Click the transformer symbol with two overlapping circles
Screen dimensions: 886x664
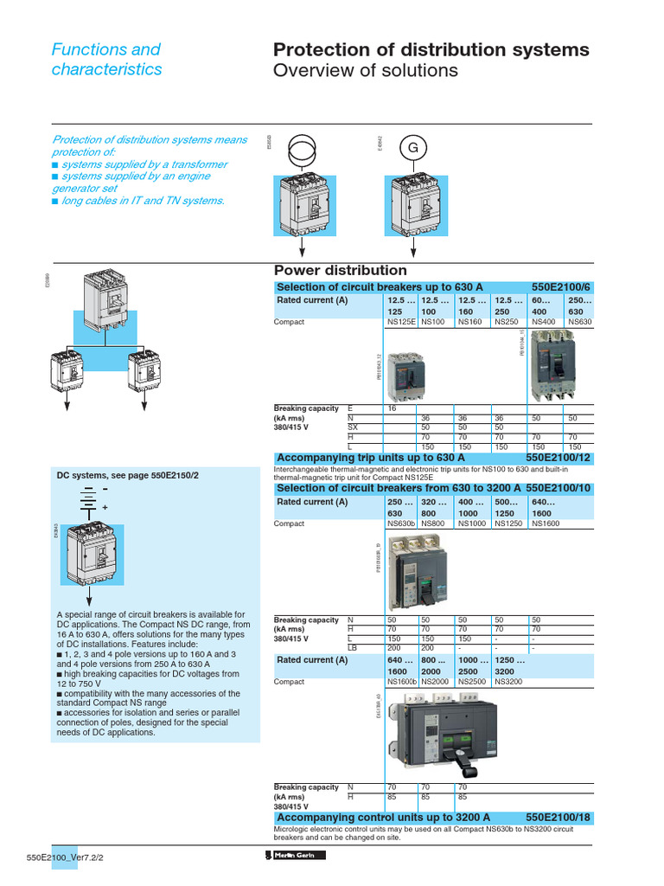(302, 151)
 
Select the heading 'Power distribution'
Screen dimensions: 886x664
(340, 271)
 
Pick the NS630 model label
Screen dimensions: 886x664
(580, 322)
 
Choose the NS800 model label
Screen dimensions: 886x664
(436, 523)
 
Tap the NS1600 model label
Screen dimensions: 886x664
(548, 523)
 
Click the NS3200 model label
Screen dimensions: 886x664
(510, 682)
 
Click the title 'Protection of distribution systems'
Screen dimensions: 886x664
(431, 50)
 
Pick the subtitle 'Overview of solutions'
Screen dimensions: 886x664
(366, 70)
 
